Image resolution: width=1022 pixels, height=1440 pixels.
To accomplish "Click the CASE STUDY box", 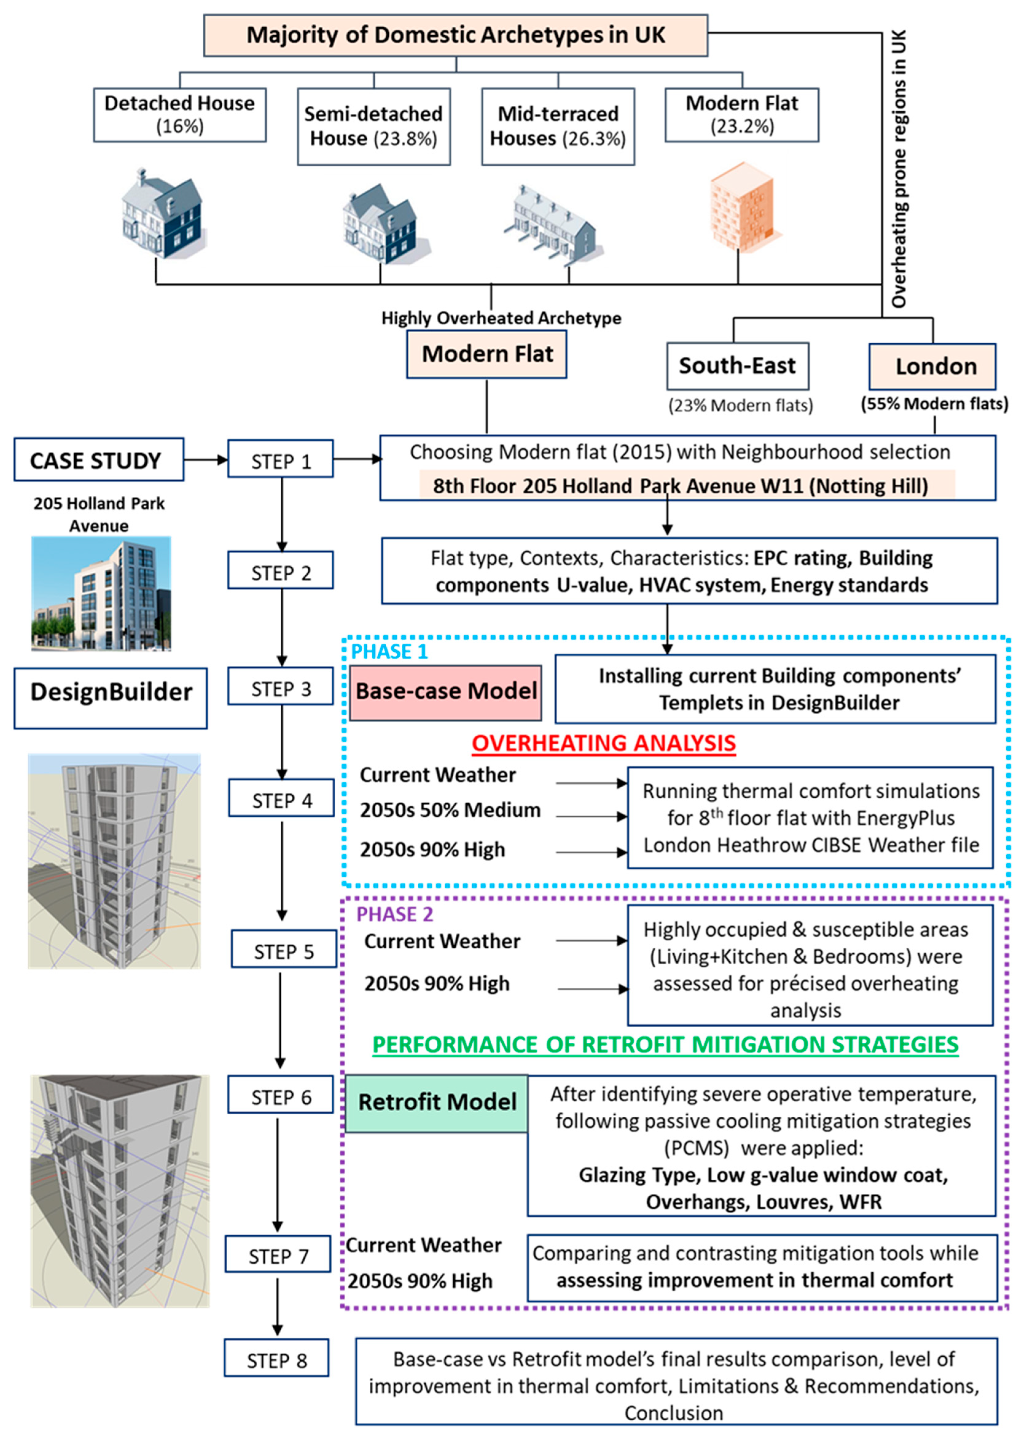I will point(99,460).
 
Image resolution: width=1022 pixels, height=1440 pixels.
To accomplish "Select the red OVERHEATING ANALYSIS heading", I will point(603,743).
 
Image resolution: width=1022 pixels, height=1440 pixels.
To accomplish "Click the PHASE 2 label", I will point(395,914).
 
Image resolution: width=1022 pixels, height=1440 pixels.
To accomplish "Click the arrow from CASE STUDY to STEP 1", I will point(206,460).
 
